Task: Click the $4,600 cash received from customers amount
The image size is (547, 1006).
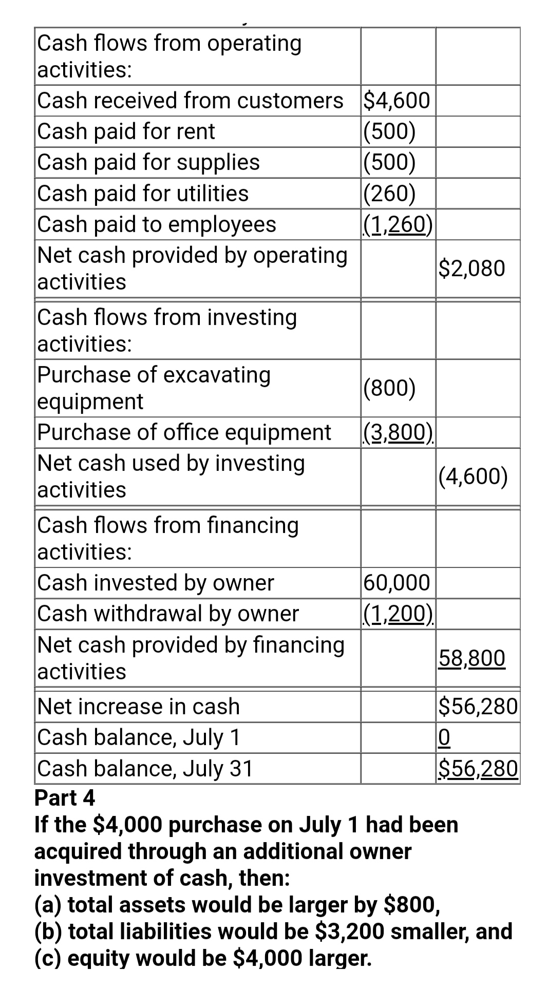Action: pyautogui.click(x=397, y=100)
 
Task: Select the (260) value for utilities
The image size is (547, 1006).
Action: pyautogui.click(x=389, y=193)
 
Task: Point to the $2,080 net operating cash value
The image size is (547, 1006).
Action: pyautogui.click(x=472, y=268)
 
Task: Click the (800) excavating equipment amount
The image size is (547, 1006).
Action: pyautogui.click(x=389, y=388)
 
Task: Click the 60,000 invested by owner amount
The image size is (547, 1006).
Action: pyautogui.click(x=397, y=582)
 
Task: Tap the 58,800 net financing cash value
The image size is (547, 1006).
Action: pyautogui.click(x=472, y=658)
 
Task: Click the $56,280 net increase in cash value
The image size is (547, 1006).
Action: pyautogui.click(x=478, y=706)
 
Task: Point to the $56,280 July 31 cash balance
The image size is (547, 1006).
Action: pyautogui.click(x=478, y=768)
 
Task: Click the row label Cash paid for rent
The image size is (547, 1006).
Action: pyautogui.click(x=126, y=131)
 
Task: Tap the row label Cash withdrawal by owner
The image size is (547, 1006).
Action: pyautogui.click(x=168, y=613)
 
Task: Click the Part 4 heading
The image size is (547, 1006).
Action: pyautogui.click(x=65, y=798)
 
